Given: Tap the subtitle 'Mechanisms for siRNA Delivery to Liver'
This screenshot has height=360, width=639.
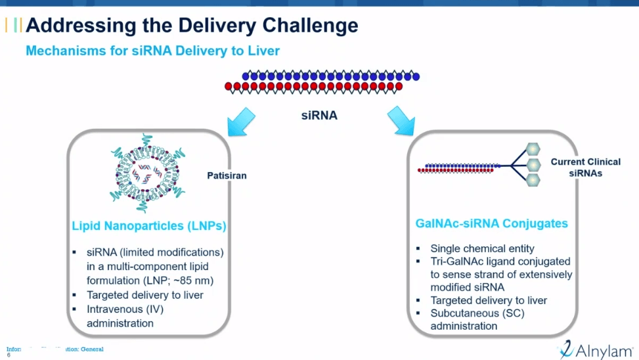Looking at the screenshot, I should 152,51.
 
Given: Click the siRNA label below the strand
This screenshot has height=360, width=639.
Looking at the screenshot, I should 319,116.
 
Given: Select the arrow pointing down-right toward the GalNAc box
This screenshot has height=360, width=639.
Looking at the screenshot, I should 402,122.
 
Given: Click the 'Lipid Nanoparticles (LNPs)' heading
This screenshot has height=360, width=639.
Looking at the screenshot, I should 148,226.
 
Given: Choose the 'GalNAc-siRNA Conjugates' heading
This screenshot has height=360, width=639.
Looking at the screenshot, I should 492,223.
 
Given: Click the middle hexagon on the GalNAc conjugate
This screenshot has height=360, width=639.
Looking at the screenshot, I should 534,164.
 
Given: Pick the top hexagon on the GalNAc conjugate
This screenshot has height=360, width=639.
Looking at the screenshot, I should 534,150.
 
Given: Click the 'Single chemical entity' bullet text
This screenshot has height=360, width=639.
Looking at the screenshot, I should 482,249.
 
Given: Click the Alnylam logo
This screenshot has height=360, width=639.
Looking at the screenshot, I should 594,350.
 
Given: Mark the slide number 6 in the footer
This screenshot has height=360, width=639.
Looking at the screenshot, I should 9,355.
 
